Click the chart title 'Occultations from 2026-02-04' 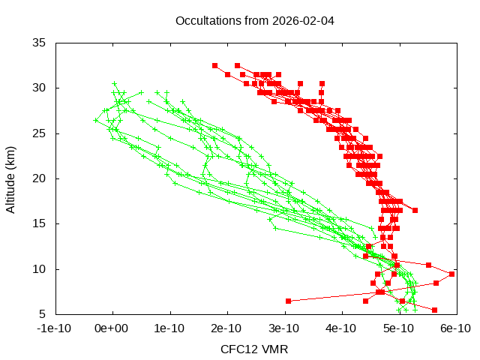(x=254, y=20)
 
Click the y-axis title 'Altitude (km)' (x=10, y=178)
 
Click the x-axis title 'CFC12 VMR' (x=254, y=349)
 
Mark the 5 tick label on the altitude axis (x=43, y=314)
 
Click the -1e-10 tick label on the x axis (x=55, y=328)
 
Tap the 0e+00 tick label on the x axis (x=113, y=328)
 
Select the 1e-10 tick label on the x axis (x=170, y=328)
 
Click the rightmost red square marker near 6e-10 (x=451, y=274)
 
